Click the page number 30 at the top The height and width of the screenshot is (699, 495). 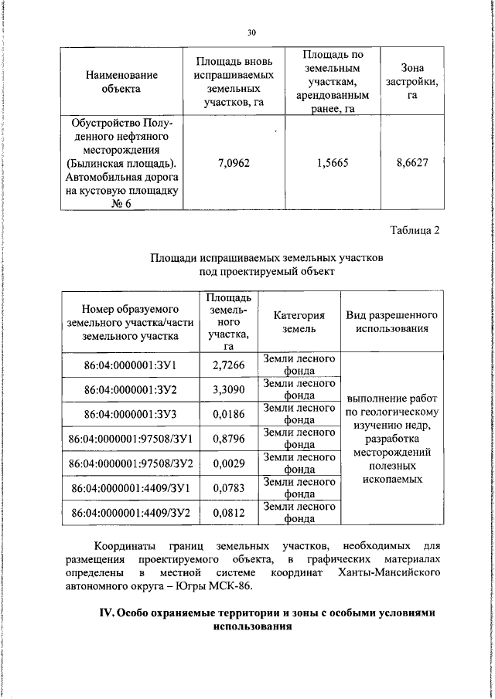tap(251, 32)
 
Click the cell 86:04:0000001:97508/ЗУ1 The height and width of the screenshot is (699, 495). tap(131, 439)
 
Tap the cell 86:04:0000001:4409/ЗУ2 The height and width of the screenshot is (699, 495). tap(131, 512)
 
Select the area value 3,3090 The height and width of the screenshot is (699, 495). tap(229, 389)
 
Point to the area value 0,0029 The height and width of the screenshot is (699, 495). tap(229, 463)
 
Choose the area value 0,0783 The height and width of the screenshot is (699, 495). tap(229, 487)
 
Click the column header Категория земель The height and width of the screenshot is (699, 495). tap(299, 322)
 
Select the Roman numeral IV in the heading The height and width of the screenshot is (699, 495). tap(108, 612)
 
